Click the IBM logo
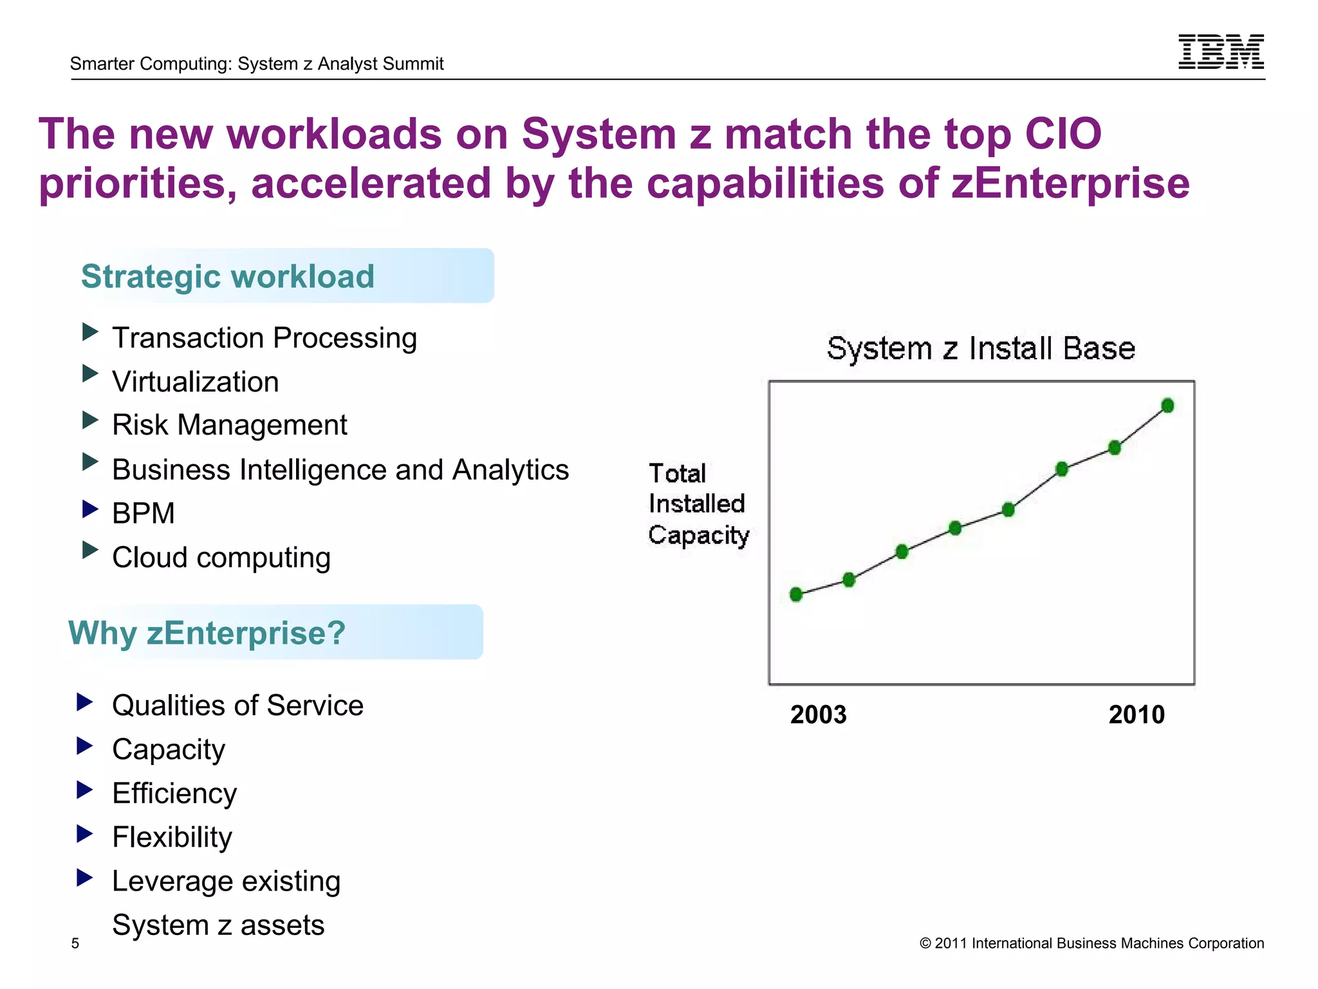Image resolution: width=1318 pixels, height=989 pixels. pyautogui.click(x=1221, y=52)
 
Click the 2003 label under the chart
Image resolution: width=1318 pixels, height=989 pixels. pyautogui.click(x=818, y=715)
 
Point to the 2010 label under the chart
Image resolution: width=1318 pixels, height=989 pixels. pyautogui.click(x=1137, y=715)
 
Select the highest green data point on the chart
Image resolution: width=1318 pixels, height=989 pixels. pyautogui.click(x=1167, y=406)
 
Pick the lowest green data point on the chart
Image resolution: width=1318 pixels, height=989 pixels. pyautogui.click(x=796, y=594)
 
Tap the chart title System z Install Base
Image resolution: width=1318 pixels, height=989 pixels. pyautogui.click(x=981, y=348)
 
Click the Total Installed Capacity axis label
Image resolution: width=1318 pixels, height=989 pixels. pyautogui.click(x=698, y=504)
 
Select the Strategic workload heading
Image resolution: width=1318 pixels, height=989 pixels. pyautogui.click(x=228, y=276)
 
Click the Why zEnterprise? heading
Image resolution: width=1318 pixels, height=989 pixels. pyautogui.click(x=207, y=632)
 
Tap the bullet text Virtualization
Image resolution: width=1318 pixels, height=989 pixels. pyautogui.click(x=196, y=382)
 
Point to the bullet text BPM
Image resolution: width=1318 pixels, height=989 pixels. pyautogui.click(x=144, y=514)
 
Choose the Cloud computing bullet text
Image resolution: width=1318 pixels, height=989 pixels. pyautogui.click(x=221, y=558)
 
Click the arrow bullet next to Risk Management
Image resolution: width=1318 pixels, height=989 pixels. pyautogui.click(x=90, y=421)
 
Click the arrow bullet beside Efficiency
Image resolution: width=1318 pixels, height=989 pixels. pyautogui.click(x=84, y=789)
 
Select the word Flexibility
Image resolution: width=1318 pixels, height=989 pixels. pyautogui.click(x=172, y=838)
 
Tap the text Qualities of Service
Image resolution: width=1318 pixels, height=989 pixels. pyautogui.click(x=237, y=706)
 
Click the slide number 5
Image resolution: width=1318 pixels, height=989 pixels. pyautogui.click(x=75, y=943)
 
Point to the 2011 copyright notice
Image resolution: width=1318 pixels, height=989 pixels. pyautogui.click(x=1091, y=943)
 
